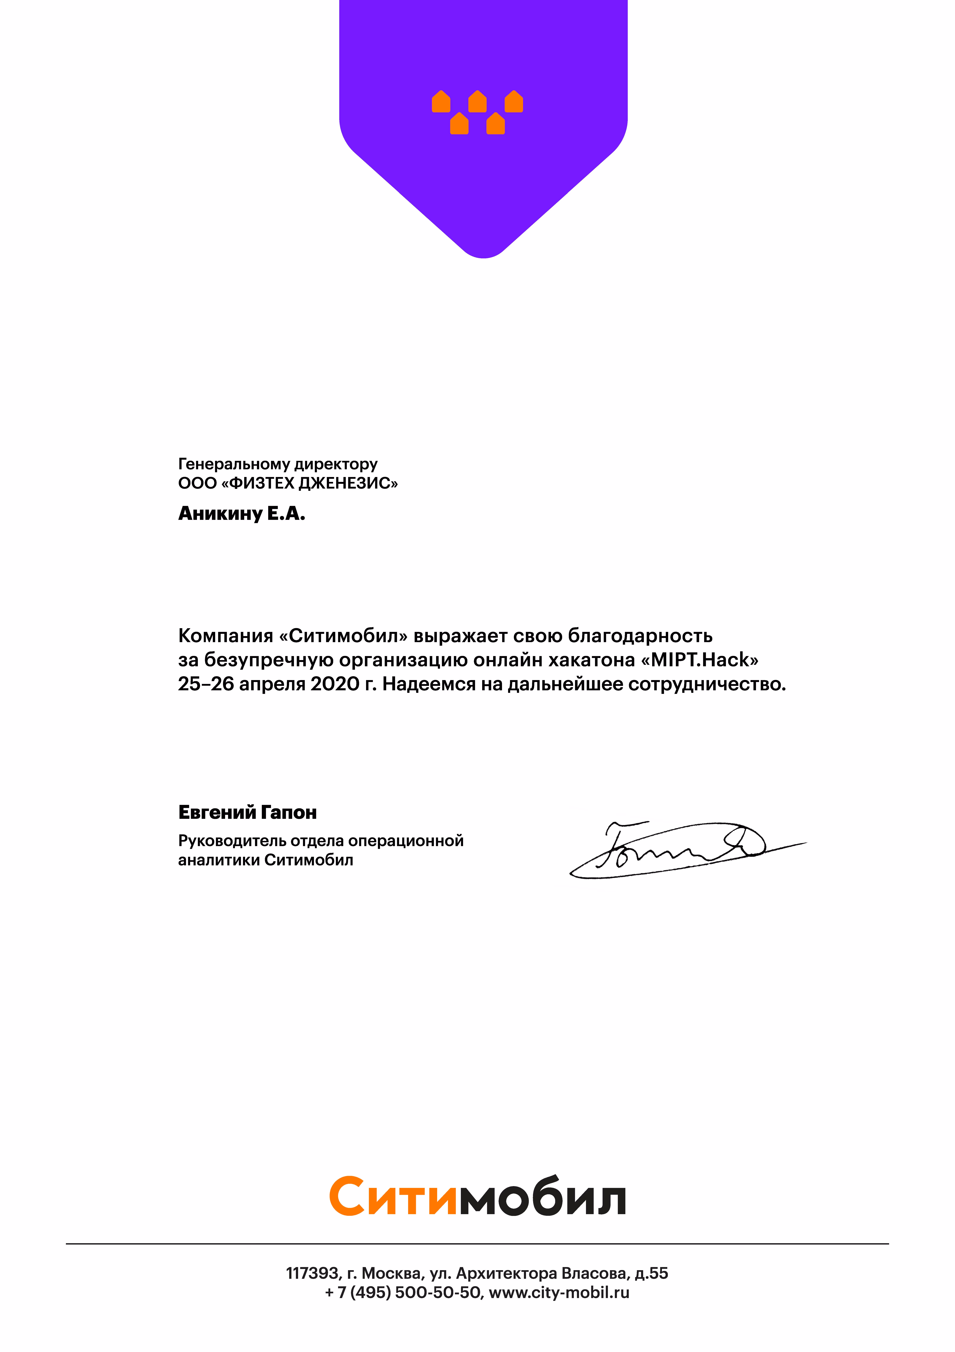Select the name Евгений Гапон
point(247,813)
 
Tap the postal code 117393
point(312,1273)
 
